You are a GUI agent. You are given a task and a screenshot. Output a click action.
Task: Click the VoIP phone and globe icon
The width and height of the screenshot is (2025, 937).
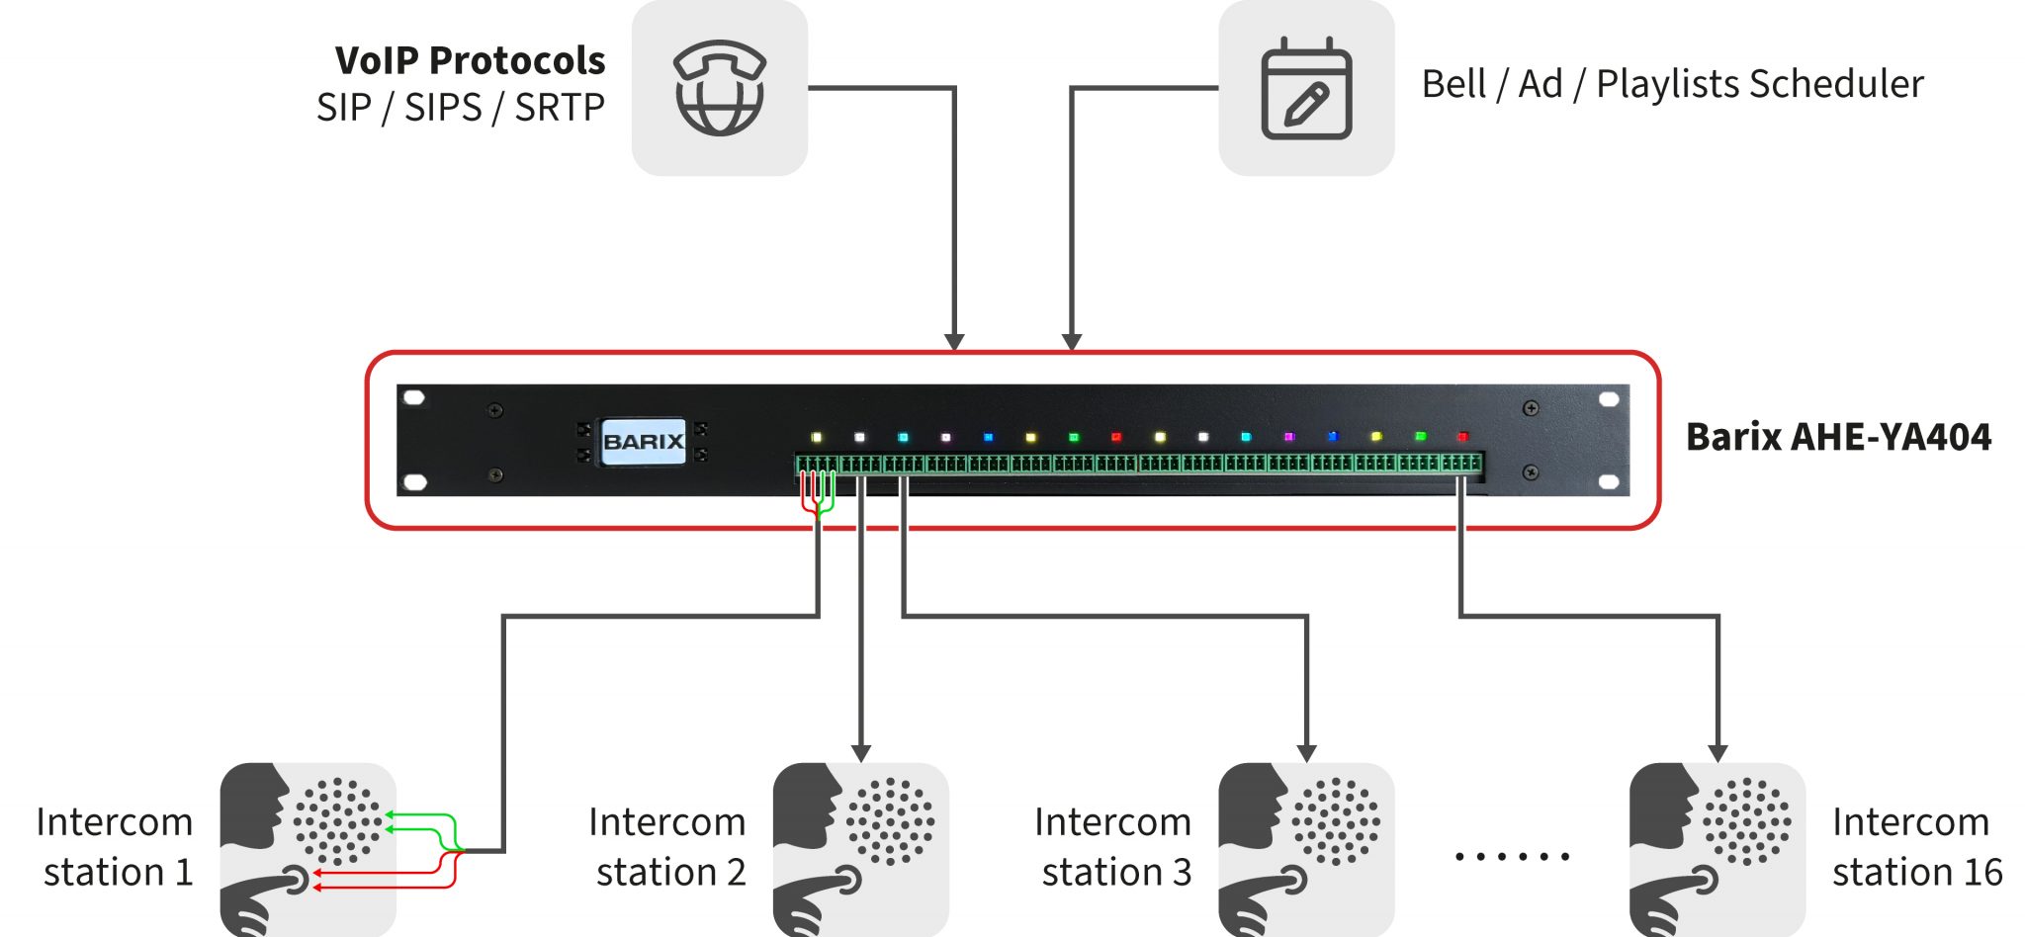pyautogui.click(x=719, y=88)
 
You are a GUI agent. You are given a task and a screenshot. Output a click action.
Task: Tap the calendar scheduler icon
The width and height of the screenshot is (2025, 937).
pyautogui.click(x=1306, y=89)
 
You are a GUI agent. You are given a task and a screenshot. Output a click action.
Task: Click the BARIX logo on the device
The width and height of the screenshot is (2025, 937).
pyautogui.click(x=643, y=441)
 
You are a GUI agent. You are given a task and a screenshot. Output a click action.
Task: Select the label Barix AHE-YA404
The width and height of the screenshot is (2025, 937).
pyautogui.click(x=1838, y=437)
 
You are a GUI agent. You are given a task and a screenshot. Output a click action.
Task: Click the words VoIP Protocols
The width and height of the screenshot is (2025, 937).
pyautogui.click(x=470, y=61)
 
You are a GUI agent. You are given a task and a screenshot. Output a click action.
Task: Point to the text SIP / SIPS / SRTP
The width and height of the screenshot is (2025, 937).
pyautogui.click(x=460, y=108)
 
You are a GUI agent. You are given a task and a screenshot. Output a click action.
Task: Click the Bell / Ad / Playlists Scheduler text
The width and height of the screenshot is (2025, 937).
pyautogui.click(x=1672, y=84)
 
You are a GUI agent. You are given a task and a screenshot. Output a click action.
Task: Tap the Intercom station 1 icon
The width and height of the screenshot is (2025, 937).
pyautogui.click(x=308, y=849)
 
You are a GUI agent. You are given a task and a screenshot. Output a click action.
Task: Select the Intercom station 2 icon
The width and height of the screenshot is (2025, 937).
pyautogui.click(x=860, y=849)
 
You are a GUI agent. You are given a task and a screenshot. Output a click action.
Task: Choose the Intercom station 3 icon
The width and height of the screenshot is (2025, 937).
pyautogui.click(x=1306, y=849)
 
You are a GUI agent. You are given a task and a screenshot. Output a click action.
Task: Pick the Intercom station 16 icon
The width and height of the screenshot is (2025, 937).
pyautogui.click(x=1717, y=849)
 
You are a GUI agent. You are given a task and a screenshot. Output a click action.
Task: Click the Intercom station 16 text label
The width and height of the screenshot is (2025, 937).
pyautogui.click(x=1916, y=847)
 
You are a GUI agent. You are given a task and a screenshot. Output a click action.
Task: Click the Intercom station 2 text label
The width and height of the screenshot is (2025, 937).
pyautogui.click(x=667, y=847)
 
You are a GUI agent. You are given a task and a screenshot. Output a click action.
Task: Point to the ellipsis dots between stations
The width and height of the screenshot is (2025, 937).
pyautogui.click(x=1512, y=856)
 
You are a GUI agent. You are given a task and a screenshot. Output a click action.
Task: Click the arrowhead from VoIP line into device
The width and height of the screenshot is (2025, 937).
pyautogui.click(x=954, y=342)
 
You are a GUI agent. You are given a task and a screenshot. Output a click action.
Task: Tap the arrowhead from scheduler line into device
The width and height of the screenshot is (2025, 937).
pyautogui.click(x=1072, y=342)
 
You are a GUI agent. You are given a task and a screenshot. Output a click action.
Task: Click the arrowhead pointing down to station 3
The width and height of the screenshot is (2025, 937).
pyautogui.click(x=1306, y=753)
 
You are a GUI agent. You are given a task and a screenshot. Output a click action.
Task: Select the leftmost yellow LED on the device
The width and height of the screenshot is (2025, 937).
pyautogui.click(x=817, y=437)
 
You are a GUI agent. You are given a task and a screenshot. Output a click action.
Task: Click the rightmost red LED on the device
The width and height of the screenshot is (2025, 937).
pyautogui.click(x=1463, y=436)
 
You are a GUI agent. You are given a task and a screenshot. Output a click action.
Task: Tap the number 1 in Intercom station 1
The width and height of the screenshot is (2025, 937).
pyautogui.click(x=184, y=873)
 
